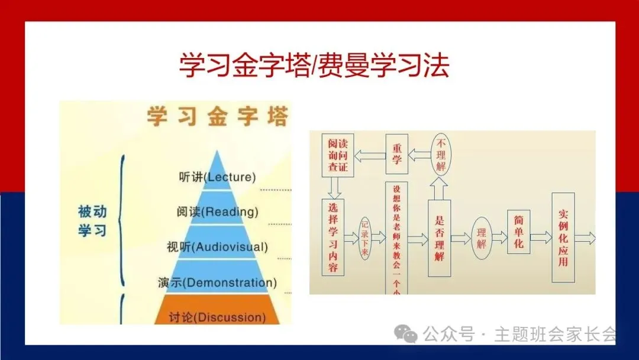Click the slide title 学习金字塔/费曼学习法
coord(314,66)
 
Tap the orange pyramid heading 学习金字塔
coord(217,116)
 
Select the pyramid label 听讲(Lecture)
coord(217,176)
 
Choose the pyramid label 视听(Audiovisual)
coord(217,246)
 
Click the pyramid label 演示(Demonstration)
coord(217,282)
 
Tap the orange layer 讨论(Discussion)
coord(217,317)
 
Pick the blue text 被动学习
coord(92,220)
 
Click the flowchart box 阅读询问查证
coord(338,155)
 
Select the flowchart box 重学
coord(397,155)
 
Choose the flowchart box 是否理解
coord(439,237)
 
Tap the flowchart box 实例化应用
coord(563,237)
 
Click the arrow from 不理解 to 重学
coord(419,155)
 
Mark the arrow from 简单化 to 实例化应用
coord(541,237)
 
